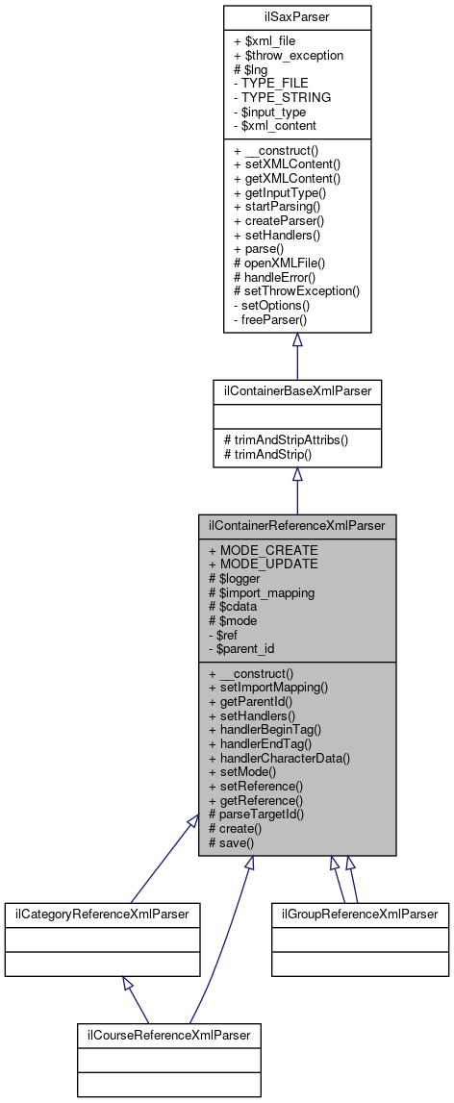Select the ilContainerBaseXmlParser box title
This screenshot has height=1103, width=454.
click(x=297, y=391)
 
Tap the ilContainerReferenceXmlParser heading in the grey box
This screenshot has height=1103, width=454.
click(x=297, y=526)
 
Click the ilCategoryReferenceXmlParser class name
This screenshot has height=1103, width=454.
click(x=103, y=913)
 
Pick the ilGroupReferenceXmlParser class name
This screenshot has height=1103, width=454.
click(x=360, y=913)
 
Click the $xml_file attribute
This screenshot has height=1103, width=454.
click(x=265, y=42)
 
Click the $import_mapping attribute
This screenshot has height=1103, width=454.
click(x=264, y=591)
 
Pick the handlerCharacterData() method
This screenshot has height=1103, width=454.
click(x=279, y=758)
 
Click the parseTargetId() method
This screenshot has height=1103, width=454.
click(x=257, y=814)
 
